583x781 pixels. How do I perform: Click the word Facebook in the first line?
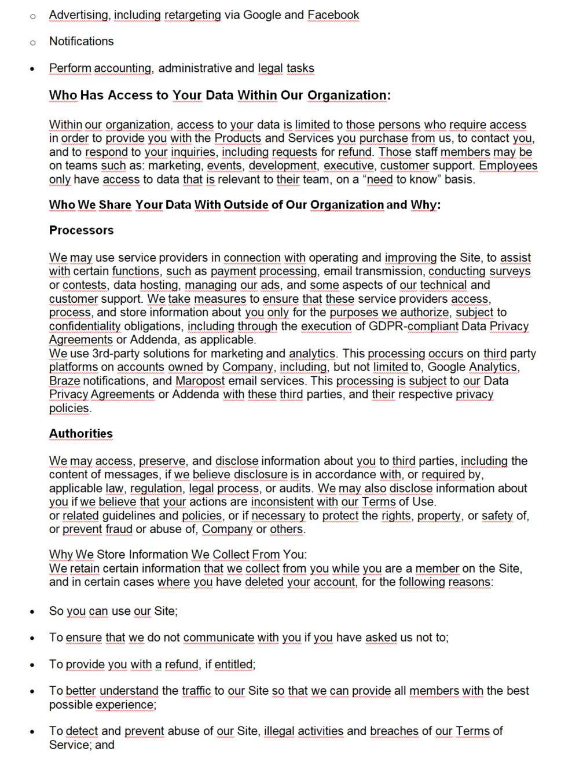pos(333,14)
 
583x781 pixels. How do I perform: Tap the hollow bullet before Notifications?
pos(33,42)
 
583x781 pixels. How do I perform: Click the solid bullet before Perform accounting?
pos(32,69)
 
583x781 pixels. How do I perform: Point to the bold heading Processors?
pos(81,230)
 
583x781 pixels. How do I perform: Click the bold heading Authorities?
pos(81,434)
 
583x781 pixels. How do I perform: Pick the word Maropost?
pos(200,380)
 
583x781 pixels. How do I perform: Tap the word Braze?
pos(64,380)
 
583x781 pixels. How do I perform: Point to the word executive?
pos(349,166)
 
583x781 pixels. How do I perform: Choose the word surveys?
pos(509,271)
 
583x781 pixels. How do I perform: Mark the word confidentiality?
pos(85,326)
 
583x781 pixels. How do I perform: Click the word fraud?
pos(118,529)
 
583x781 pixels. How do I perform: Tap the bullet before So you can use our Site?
pos(32,612)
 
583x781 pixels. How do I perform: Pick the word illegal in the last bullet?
pos(279,731)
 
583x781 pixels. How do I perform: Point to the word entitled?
pos(234,664)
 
